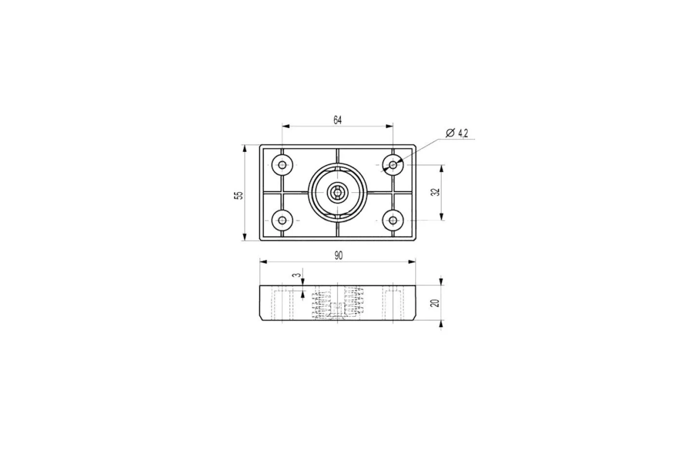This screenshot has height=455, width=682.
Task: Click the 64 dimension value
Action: (x=338, y=121)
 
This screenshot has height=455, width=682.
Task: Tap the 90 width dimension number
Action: (x=339, y=256)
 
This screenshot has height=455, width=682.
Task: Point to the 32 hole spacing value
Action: (x=436, y=192)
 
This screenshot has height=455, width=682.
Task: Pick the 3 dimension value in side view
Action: (x=297, y=275)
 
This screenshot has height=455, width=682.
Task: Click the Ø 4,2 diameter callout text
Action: (x=457, y=133)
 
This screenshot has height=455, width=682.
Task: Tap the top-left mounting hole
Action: (x=282, y=165)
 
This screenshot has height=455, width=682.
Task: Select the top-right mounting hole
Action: (x=393, y=165)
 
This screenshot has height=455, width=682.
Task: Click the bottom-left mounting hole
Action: (x=282, y=220)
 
